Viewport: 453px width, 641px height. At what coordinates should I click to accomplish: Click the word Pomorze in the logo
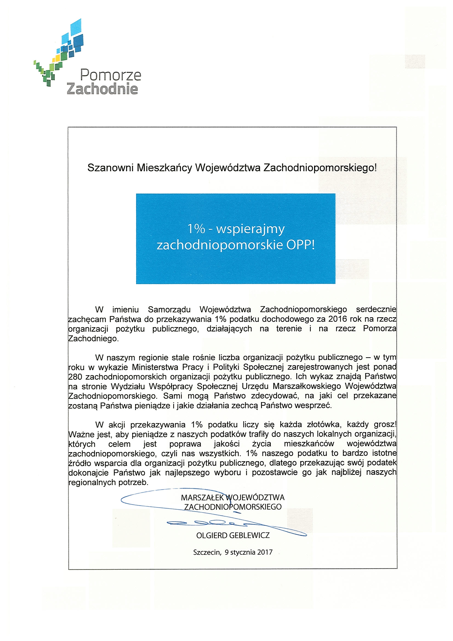[110, 75]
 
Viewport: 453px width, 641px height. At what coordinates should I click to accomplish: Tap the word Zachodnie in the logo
[102, 89]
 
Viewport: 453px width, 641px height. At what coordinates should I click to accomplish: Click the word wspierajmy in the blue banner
[250, 229]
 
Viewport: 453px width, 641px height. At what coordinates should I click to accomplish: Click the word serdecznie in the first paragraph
[376, 309]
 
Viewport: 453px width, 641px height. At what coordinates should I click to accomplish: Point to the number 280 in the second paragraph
[75, 377]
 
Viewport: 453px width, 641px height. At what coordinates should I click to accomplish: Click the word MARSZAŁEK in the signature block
[202, 498]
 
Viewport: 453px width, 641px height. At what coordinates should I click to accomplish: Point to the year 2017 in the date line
[265, 552]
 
